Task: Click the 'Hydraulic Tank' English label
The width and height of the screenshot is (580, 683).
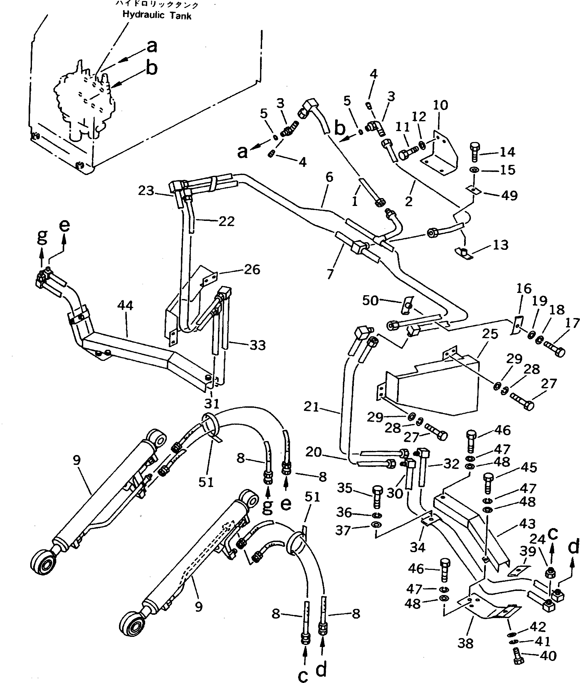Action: (157, 15)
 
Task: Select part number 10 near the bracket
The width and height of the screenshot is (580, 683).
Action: (440, 105)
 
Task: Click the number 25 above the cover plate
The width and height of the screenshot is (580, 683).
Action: (490, 334)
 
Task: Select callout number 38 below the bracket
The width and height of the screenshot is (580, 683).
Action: (465, 643)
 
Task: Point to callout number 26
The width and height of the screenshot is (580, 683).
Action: (252, 270)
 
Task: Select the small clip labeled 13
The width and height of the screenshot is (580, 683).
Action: (464, 253)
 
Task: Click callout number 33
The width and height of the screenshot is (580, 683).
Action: (258, 345)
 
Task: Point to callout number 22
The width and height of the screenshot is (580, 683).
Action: (226, 221)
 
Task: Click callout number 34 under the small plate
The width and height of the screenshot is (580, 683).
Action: (418, 547)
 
